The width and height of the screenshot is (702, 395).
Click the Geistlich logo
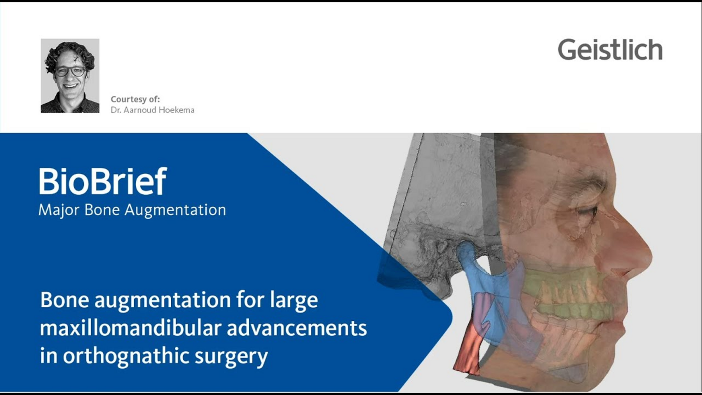[x=610, y=50]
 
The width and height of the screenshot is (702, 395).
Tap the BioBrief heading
[x=103, y=181]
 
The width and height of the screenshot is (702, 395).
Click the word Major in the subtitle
[x=59, y=210]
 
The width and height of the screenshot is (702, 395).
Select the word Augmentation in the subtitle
[x=175, y=210]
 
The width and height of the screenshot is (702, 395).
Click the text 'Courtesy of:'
[x=135, y=99]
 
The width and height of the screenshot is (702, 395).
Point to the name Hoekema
[x=176, y=110]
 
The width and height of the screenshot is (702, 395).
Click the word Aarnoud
[x=140, y=110]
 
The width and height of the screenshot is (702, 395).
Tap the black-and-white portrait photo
[x=70, y=76]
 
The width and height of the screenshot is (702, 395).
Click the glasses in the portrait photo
[x=70, y=71]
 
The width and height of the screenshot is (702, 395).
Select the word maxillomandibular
[x=131, y=328]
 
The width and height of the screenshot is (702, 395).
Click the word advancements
[x=296, y=328]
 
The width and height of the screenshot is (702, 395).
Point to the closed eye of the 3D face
[x=585, y=213]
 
